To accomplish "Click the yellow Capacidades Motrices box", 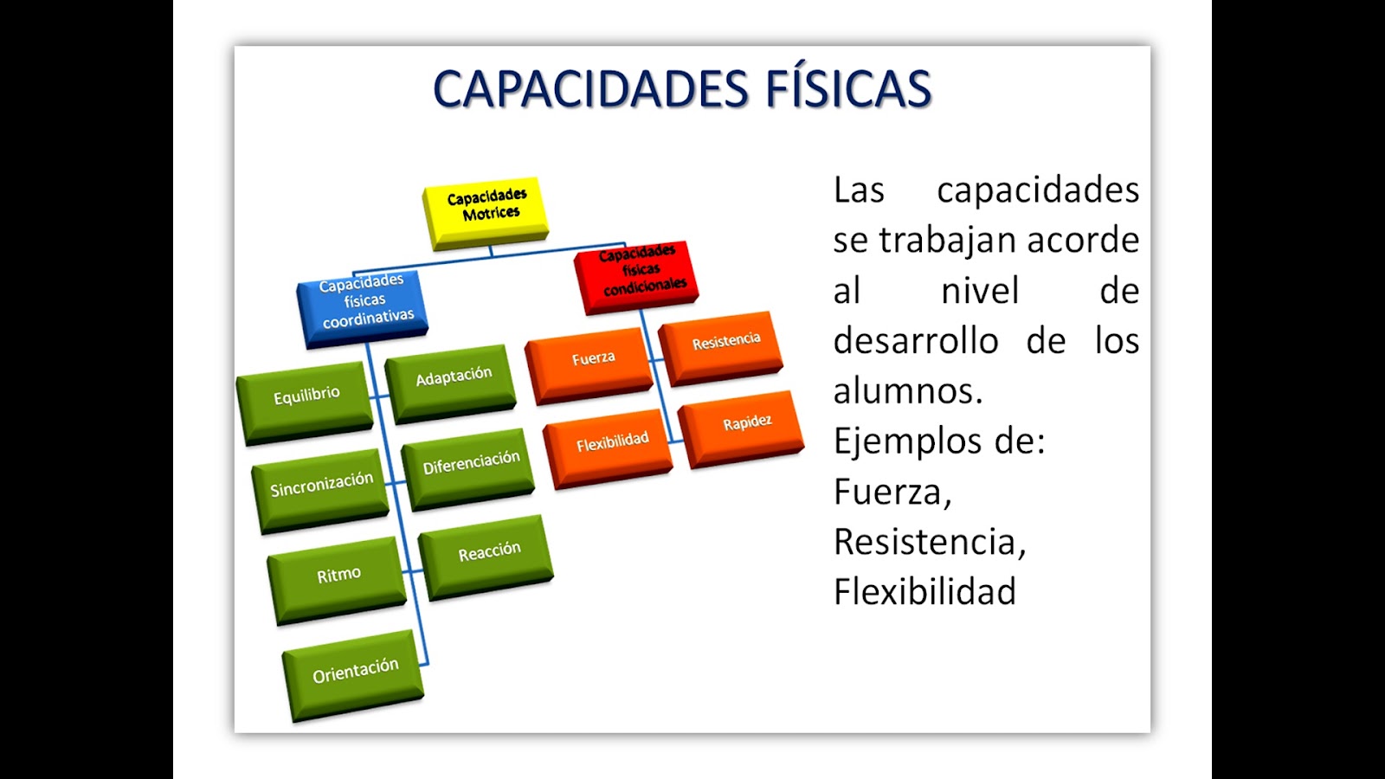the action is coord(486,213).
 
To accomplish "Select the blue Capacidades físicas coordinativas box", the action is coord(363,307).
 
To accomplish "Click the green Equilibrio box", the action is coord(305,403).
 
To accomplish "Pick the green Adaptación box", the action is coord(451,384).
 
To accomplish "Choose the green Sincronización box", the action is coord(321,491).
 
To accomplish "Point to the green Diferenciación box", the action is coord(468,469).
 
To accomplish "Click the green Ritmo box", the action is coord(338,581).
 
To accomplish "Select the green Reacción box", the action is coord(486,557).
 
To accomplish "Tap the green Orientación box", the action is coord(354,675).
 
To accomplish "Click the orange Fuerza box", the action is coord(589,365).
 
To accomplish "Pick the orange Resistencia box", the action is coord(721,348).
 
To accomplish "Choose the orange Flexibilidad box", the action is coord(609,448).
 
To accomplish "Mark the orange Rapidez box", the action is coord(741,429).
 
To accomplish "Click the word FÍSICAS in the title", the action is coord(848,88).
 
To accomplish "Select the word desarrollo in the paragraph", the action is coord(918,340).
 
